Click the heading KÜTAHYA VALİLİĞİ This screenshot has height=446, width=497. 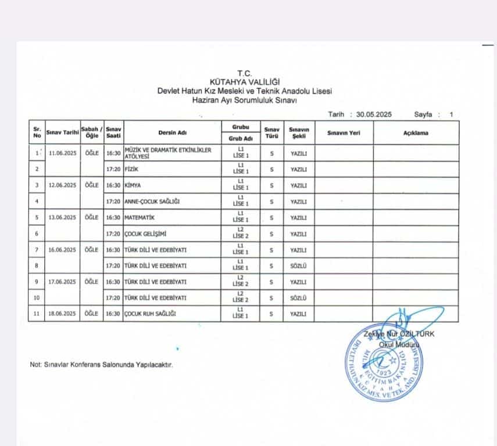tap(245, 82)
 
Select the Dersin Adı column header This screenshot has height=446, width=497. tap(172, 132)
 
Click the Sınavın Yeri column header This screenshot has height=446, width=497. tap(344, 132)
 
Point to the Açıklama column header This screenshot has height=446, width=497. tap(416, 132)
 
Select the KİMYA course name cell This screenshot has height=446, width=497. tap(133, 185)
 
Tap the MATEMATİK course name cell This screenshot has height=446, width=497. tap(140, 217)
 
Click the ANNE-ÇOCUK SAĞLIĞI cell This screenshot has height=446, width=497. tap(152, 202)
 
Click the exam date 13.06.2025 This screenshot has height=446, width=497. tap(63, 217)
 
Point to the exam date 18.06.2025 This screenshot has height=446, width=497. tap(63, 314)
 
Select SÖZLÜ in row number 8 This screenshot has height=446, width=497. tap(298, 265)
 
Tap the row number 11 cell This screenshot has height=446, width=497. tap(37, 314)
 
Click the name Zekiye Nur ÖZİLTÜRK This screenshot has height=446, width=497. tap(398, 334)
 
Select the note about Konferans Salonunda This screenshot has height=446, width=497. tap(101, 365)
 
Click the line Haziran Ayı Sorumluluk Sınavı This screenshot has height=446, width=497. tap(245, 99)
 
